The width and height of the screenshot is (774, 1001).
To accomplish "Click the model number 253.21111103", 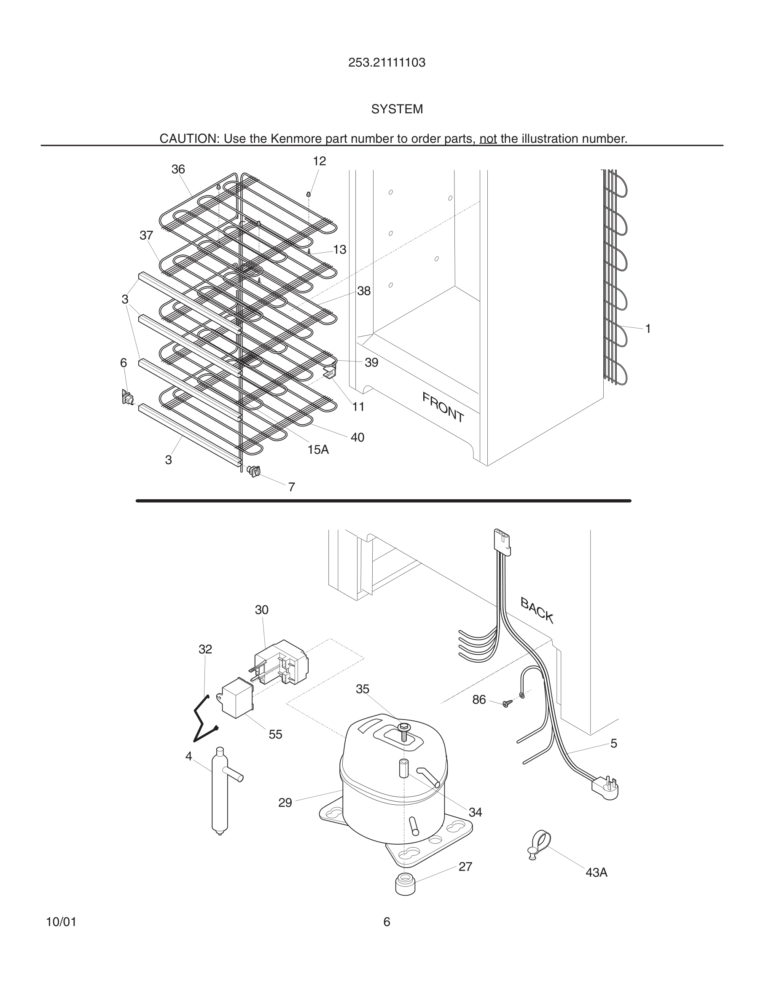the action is point(387,63).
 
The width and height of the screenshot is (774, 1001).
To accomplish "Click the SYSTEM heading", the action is point(397,109).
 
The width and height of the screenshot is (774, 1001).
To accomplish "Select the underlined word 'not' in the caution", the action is point(488,139).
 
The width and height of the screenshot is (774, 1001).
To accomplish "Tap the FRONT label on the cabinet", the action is point(443,407).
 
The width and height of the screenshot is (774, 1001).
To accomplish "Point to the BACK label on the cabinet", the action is point(537,610).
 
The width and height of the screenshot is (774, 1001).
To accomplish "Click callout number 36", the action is point(178,169).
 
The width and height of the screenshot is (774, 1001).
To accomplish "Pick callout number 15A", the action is point(318,450).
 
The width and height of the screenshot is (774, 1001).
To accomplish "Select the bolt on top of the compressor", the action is point(404,732).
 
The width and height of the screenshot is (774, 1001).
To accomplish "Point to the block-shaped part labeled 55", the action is point(237,697).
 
